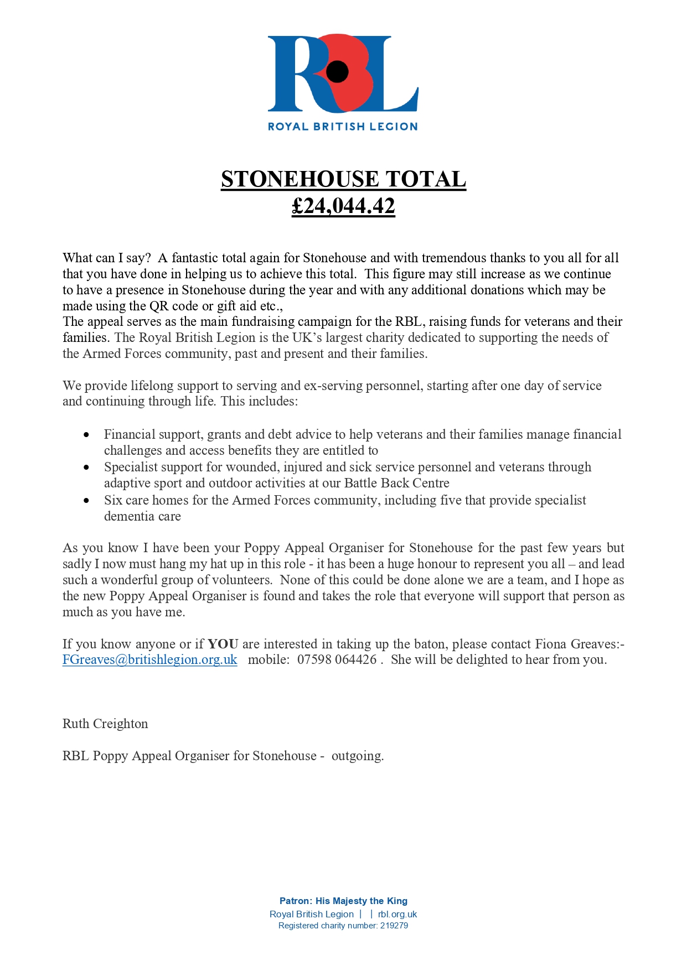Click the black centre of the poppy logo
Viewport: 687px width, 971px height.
pos(337,71)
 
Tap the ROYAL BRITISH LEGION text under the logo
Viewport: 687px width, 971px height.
pos(343,127)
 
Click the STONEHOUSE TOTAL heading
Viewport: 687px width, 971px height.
pos(343,179)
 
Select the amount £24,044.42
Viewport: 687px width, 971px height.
pos(343,206)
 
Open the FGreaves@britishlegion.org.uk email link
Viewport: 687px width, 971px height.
pos(149,660)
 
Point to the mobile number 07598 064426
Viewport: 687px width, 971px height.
pos(337,660)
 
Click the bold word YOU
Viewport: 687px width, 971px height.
pos(223,644)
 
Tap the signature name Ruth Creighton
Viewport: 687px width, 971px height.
pos(105,724)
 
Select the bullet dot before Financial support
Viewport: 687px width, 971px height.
pos(86,435)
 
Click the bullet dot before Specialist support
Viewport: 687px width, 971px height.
pos(86,468)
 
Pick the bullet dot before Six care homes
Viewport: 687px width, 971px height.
pos(86,501)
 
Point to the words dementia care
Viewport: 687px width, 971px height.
pos(142,516)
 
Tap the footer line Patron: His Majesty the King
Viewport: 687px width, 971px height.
pos(343,901)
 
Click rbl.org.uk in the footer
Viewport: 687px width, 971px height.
pos(397,914)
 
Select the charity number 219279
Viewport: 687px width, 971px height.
pos(394,926)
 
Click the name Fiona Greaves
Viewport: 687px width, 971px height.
pos(577,644)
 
